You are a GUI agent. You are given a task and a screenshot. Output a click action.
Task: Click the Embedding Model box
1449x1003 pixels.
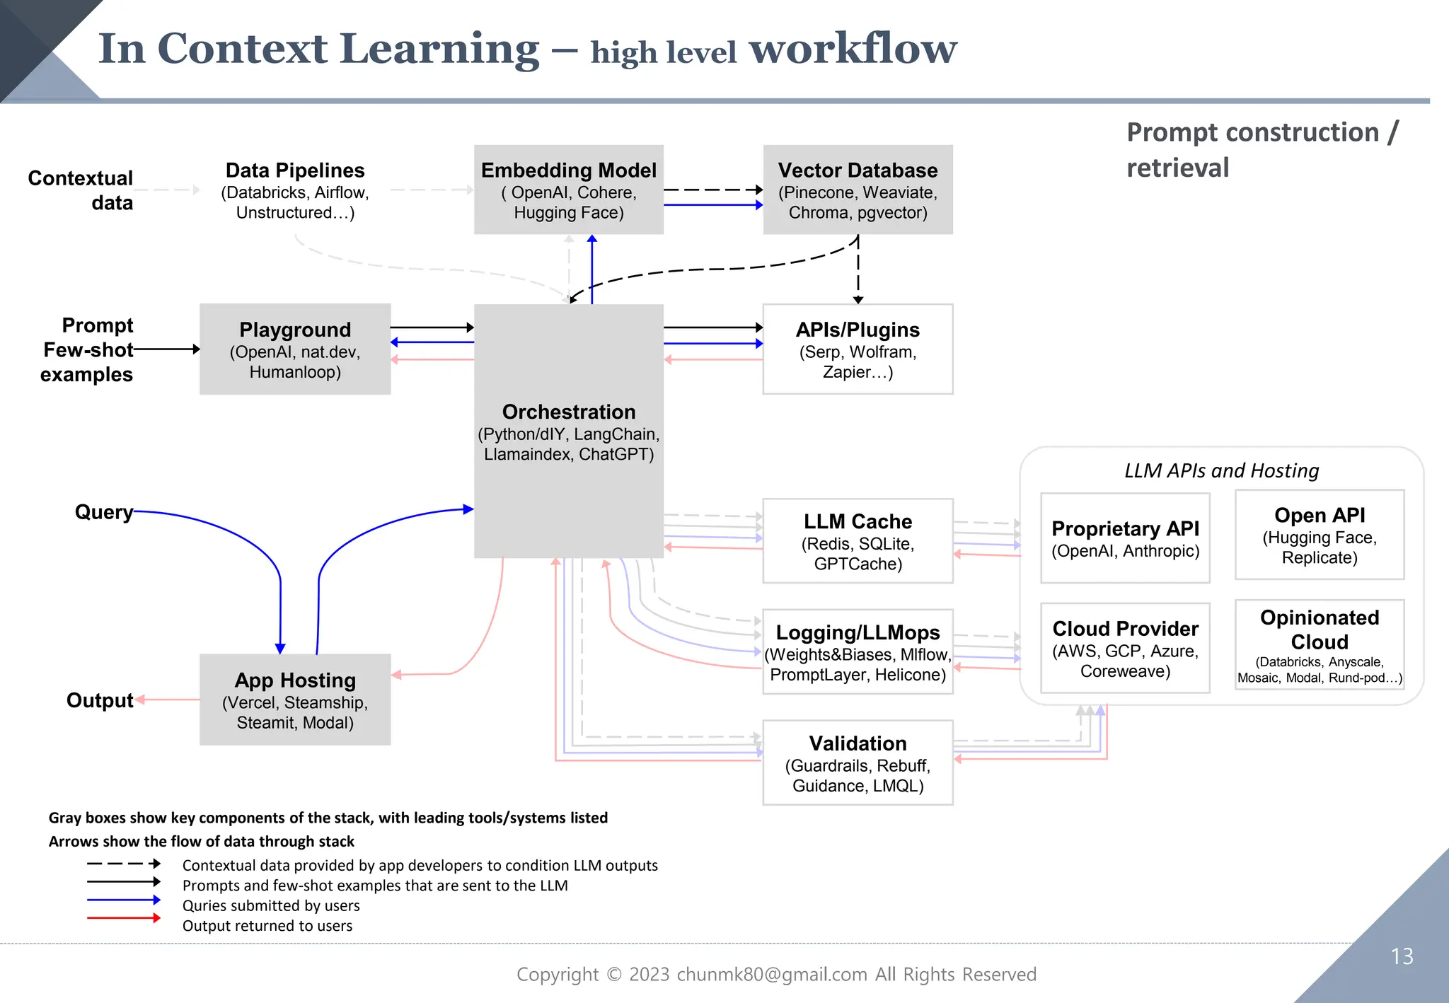568,190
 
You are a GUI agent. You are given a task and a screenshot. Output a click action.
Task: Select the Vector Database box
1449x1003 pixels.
858,190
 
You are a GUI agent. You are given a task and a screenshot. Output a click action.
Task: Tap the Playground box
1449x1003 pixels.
295,349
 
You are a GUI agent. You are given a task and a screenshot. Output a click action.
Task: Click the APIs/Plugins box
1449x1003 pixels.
858,349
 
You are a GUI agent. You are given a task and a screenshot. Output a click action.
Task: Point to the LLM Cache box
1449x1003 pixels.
858,541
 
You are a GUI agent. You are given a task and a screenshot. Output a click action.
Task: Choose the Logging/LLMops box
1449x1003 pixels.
858,651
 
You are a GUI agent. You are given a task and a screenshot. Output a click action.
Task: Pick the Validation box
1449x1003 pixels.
858,763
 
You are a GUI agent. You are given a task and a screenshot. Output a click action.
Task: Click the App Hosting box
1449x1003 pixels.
295,700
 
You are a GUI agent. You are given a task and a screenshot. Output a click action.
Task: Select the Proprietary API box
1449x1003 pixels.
1125,538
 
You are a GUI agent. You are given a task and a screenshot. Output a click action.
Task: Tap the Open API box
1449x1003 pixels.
1320,535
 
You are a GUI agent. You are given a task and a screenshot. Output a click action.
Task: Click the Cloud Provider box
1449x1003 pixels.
1125,648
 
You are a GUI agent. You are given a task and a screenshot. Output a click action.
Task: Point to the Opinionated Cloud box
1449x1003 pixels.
1320,644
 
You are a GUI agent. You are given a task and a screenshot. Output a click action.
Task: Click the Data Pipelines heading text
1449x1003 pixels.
295,170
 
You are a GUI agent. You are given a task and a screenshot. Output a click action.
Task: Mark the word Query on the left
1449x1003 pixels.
104,511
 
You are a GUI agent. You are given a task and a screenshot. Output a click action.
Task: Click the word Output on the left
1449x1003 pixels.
100,700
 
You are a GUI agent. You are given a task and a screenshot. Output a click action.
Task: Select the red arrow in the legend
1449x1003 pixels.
124,918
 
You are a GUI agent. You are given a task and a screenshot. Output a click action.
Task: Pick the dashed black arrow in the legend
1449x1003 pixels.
124,864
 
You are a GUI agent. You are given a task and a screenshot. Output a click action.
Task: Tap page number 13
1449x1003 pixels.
1402,956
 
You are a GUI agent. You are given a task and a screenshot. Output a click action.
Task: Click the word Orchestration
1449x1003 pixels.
569,412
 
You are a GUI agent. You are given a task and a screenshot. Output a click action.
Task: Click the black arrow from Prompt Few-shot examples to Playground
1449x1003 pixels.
166,349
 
